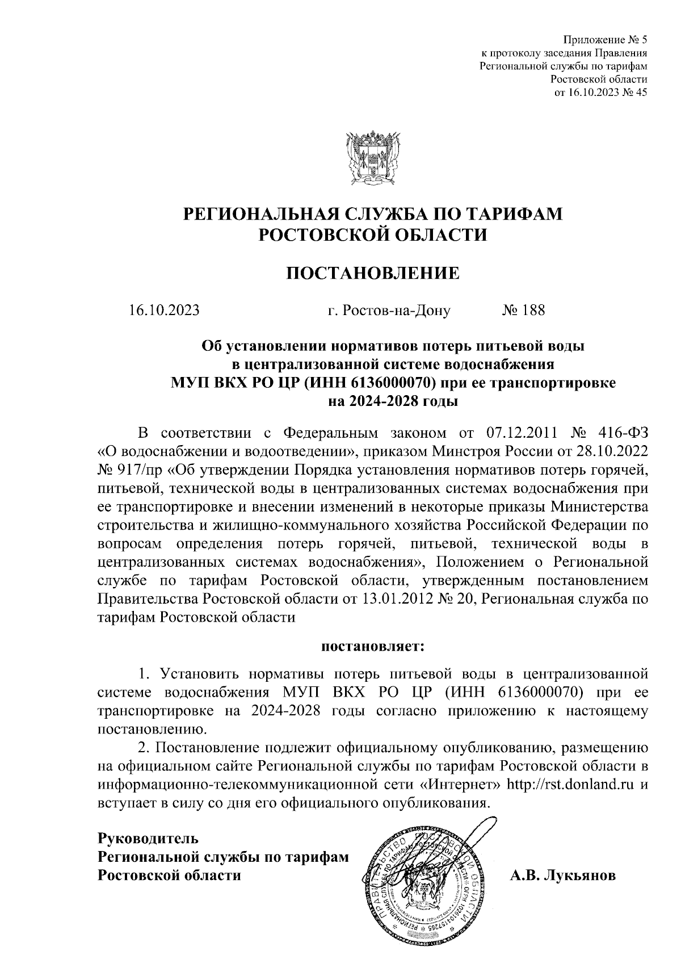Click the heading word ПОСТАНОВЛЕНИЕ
(372, 274)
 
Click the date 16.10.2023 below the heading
(163, 311)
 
